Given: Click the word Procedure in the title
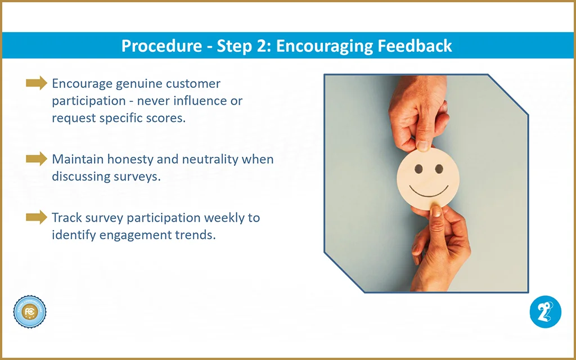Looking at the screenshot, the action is (x=161, y=46).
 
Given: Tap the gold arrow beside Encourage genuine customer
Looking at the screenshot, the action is (x=37, y=83).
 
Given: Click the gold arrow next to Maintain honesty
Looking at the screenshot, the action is (x=37, y=159).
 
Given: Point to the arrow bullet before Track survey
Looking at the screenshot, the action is (x=37, y=217).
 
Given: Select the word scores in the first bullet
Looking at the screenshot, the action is (x=168, y=118).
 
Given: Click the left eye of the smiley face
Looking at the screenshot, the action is (x=418, y=169).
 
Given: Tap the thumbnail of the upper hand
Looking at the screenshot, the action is (x=422, y=146).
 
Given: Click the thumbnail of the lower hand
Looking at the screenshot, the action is (x=436, y=211).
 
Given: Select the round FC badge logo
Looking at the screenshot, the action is (x=30, y=312).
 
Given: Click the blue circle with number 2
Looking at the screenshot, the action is (x=546, y=312).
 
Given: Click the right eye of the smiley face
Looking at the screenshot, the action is (x=439, y=169).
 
